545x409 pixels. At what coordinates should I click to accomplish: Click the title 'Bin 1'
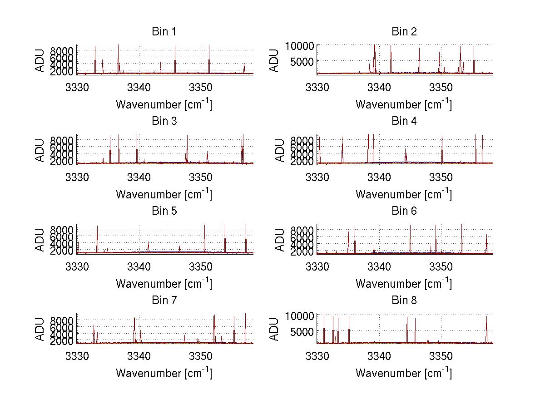pyautogui.click(x=163, y=32)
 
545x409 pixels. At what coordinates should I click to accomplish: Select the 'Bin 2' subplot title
pyautogui.click(x=404, y=32)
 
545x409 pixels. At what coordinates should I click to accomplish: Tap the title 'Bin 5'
pyautogui.click(x=163, y=211)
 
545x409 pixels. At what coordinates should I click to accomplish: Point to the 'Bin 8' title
pyautogui.click(x=404, y=301)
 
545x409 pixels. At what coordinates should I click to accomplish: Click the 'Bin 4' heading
pyautogui.click(x=404, y=121)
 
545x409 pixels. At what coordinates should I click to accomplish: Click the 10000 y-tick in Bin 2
pyautogui.click(x=299, y=46)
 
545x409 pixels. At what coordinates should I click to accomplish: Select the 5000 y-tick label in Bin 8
pyautogui.click(x=302, y=332)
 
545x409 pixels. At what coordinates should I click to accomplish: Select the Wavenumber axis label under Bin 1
pyautogui.click(x=163, y=104)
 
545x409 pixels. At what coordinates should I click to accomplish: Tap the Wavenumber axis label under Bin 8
pyautogui.click(x=404, y=373)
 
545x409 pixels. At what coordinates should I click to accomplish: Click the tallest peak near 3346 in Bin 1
pyautogui.click(x=175, y=47)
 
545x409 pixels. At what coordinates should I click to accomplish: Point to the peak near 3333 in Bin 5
pyautogui.click(x=97, y=227)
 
